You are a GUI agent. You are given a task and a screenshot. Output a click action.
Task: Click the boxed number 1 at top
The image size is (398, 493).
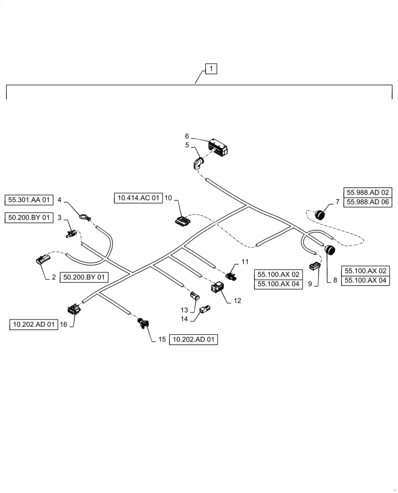click(211, 69)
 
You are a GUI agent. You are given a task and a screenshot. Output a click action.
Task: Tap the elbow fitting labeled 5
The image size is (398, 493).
click(199, 163)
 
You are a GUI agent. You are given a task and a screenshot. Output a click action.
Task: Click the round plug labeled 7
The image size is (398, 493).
click(321, 214)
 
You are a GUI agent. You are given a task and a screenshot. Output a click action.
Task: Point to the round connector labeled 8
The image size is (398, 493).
click(330, 250)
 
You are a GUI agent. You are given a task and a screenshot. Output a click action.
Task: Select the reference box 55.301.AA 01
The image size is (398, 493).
click(29, 200)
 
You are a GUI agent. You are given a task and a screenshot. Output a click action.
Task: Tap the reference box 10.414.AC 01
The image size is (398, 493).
click(138, 198)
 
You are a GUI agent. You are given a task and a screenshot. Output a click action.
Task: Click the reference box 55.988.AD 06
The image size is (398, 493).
click(368, 202)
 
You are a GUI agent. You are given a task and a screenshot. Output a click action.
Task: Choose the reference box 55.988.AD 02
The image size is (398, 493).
click(368, 192)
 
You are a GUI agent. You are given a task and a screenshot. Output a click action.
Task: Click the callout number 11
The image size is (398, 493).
click(245, 261)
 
